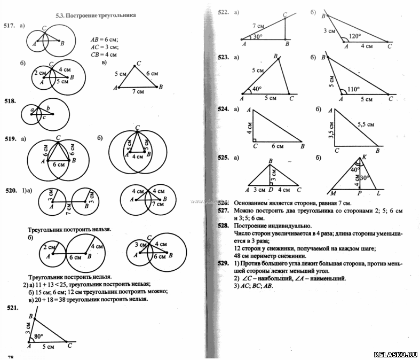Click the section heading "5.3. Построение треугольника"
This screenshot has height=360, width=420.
coord(96,15)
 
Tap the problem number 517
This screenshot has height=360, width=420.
coord(9,26)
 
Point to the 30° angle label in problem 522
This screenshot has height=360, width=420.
coord(258,37)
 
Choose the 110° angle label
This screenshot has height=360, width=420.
coord(353,89)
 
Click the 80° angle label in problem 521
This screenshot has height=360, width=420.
coord(38,336)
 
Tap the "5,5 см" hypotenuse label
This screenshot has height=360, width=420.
coord(365,124)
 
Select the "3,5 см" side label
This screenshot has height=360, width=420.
coord(331,130)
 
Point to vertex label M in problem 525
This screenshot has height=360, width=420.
coord(333,193)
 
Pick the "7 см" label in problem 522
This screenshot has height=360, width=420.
coord(258,26)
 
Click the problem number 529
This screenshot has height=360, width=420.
coord(223,263)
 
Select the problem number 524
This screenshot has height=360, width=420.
coord(223,109)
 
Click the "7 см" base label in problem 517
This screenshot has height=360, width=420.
coord(137,92)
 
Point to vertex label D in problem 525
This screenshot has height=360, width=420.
coord(271,190)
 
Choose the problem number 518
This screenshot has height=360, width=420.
coord(9,100)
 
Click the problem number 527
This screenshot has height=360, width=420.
coord(223,211)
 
